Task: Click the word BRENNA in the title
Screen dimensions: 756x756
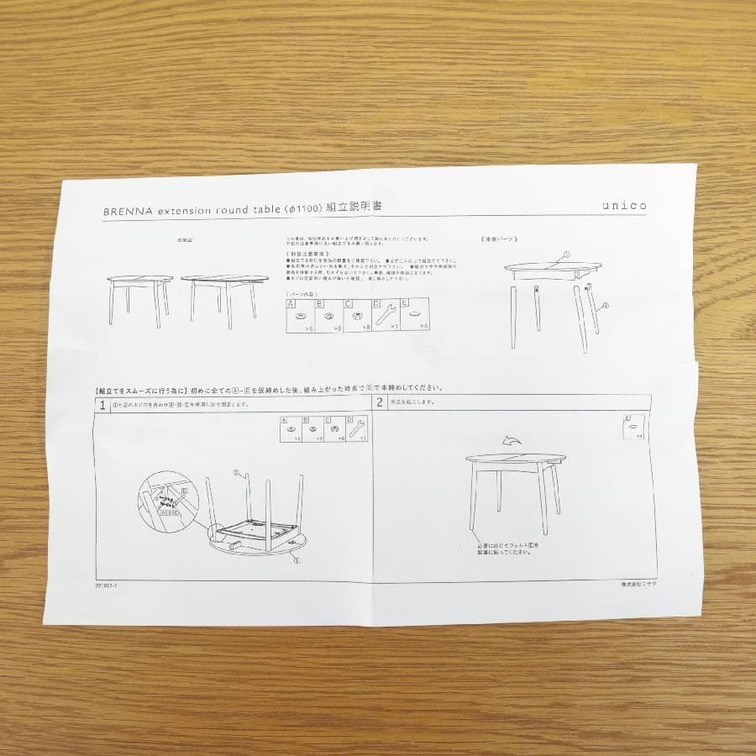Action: tap(126, 213)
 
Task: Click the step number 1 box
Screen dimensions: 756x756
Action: tap(102, 404)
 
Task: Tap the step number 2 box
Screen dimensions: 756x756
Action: tap(381, 402)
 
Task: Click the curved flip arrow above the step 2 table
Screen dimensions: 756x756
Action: tap(509, 440)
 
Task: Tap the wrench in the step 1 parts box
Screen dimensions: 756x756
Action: tap(361, 429)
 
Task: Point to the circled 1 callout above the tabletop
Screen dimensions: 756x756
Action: tap(565, 254)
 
